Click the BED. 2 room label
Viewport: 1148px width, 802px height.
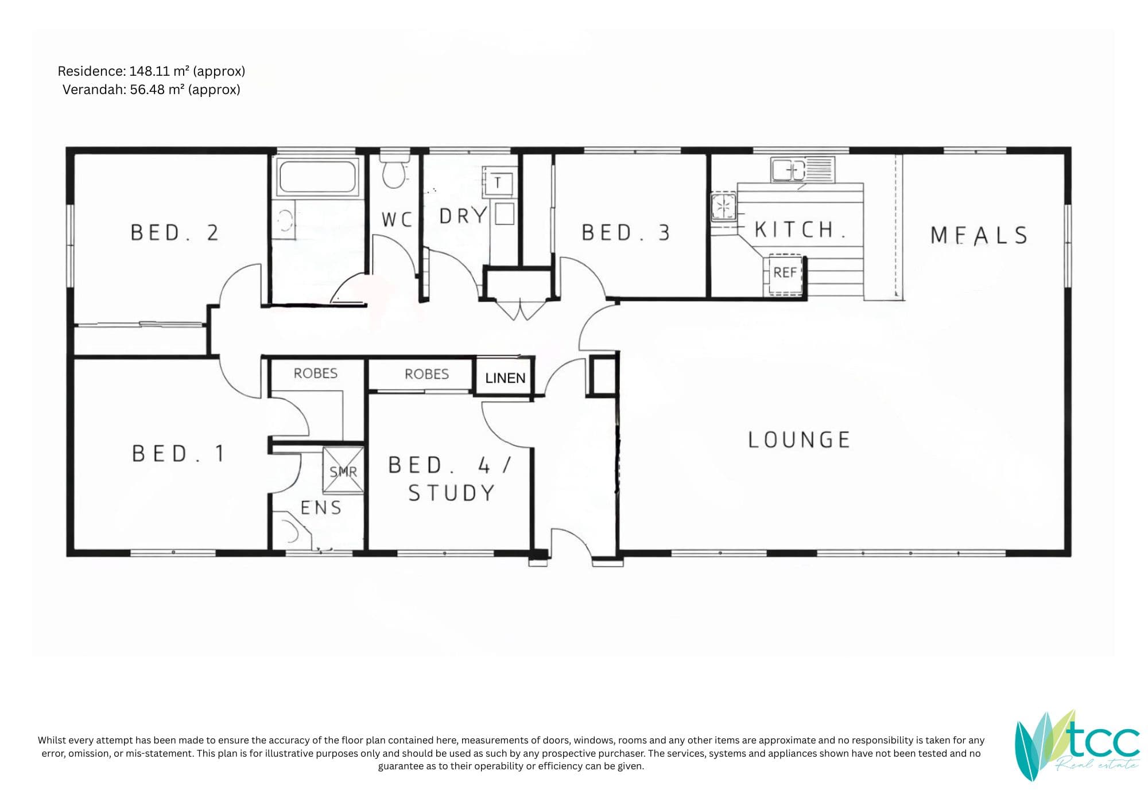pyautogui.click(x=174, y=233)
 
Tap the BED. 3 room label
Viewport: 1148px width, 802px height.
pyautogui.click(x=626, y=233)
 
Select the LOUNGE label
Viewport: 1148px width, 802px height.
pyautogui.click(x=799, y=440)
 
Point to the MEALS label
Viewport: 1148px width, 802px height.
pyautogui.click(x=979, y=235)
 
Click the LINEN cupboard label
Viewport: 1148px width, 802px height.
pyautogui.click(x=505, y=378)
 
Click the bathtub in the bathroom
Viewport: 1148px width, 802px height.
pyautogui.click(x=317, y=177)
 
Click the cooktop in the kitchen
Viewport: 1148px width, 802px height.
pyautogui.click(x=723, y=207)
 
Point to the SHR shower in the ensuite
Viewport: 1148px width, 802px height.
pyautogui.click(x=343, y=470)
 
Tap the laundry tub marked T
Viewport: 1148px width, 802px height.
pyautogui.click(x=498, y=182)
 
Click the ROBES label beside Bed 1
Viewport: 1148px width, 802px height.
pyautogui.click(x=316, y=373)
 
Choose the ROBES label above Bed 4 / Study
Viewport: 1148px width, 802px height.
pyautogui.click(x=426, y=374)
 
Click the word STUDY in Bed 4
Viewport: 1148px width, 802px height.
pyautogui.click(x=451, y=493)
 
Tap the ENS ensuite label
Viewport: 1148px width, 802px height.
pyautogui.click(x=321, y=508)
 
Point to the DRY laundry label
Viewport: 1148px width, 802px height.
pyautogui.click(x=463, y=216)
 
